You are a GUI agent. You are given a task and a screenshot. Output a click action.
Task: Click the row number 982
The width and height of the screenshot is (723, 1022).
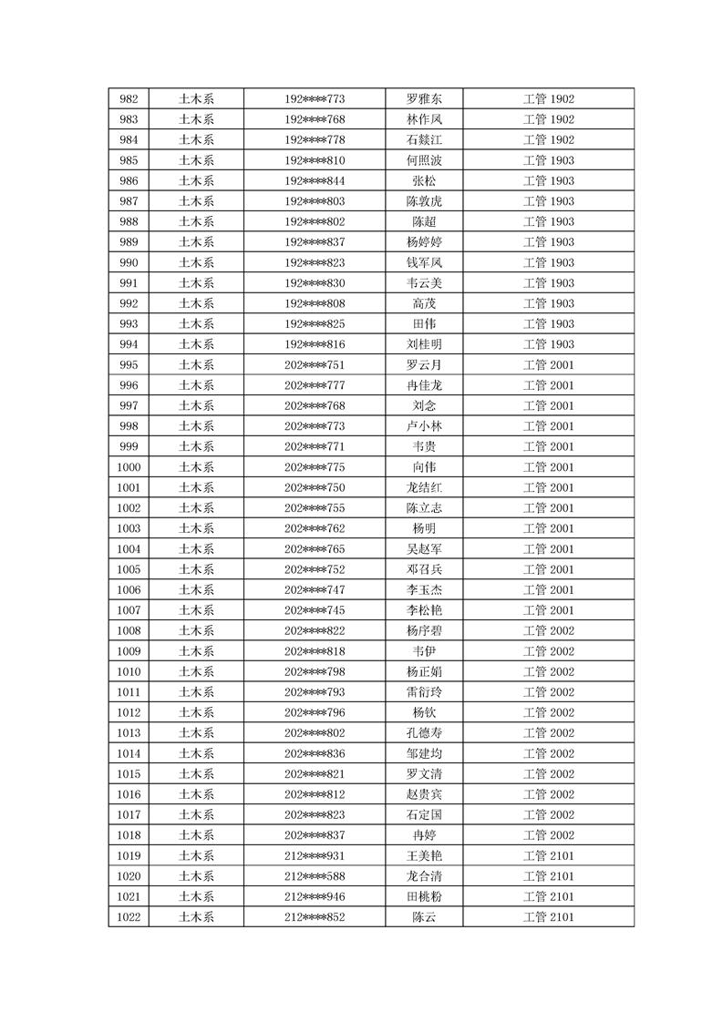pyautogui.click(x=129, y=99)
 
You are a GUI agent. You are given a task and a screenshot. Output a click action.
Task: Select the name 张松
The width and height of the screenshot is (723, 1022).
pyautogui.click(x=424, y=181)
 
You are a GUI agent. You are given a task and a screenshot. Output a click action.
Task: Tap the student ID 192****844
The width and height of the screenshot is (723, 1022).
pyautogui.click(x=315, y=181)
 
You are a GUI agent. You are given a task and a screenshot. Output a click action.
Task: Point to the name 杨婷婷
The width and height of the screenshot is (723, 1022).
pyautogui.click(x=424, y=242)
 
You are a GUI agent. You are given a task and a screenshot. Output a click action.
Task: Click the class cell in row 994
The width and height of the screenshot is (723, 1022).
pyautogui.click(x=548, y=344)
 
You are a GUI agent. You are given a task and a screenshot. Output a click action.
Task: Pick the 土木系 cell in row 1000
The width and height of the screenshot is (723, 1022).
pyautogui.click(x=196, y=467)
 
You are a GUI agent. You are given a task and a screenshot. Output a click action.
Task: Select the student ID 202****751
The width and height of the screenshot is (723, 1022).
pyautogui.click(x=315, y=365)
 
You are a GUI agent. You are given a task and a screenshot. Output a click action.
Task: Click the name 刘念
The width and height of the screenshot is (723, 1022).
pyautogui.click(x=424, y=406)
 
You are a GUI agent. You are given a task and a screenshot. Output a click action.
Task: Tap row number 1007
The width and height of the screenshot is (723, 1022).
pyautogui.click(x=129, y=610)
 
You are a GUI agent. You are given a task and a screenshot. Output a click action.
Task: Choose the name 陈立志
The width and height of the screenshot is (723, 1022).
pyautogui.click(x=424, y=508)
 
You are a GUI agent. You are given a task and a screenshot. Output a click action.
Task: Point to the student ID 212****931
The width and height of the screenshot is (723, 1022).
pyautogui.click(x=315, y=856)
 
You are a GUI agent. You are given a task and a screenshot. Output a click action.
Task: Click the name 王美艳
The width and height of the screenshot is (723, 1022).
pyautogui.click(x=424, y=856)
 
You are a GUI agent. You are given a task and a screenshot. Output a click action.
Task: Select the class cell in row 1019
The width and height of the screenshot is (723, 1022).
pyautogui.click(x=548, y=856)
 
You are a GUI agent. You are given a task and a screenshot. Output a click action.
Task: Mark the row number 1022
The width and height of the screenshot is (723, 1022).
pyautogui.click(x=129, y=917)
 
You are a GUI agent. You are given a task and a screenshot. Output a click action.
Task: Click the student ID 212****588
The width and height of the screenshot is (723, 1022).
pyautogui.click(x=315, y=876)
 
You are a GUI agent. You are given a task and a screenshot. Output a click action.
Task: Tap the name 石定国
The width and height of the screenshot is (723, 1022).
pyautogui.click(x=424, y=815)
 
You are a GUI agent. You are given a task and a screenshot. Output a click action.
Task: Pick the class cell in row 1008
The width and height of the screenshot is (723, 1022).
pyautogui.click(x=548, y=630)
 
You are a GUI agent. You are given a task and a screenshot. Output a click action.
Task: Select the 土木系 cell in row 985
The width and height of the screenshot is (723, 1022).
pyautogui.click(x=196, y=160)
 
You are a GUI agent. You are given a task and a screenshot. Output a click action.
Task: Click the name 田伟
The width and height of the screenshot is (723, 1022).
pyautogui.click(x=424, y=324)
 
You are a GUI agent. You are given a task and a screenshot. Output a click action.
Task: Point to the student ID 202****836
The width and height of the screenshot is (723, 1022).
pyautogui.click(x=315, y=753)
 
